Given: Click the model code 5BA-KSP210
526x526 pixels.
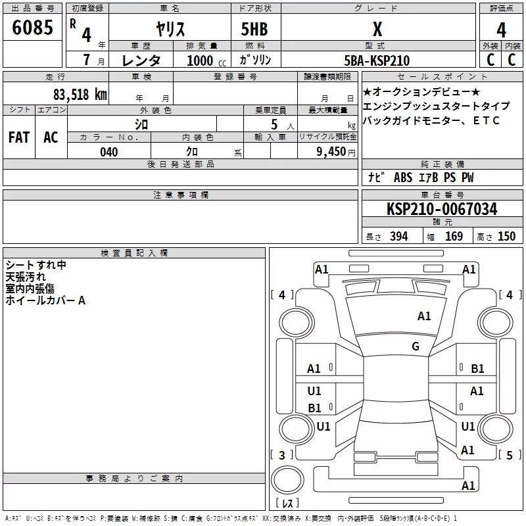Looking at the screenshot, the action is click(377, 60).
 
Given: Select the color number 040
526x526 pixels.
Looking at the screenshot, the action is click(108, 152).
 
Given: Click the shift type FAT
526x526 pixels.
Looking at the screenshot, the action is click(18, 137).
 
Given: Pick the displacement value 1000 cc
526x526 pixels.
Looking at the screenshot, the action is click(201, 60).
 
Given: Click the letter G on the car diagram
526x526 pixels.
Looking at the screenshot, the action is click(416, 347).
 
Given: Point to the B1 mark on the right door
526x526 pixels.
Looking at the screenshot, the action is click(477, 369).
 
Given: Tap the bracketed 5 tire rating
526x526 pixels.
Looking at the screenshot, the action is click(510, 455).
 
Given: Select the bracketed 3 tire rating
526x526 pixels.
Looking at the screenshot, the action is click(282, 455).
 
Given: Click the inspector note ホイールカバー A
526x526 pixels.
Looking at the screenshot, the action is click(45, 300).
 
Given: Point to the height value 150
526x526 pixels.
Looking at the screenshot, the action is click(506, 237).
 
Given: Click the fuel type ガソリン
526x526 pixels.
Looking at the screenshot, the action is click(255, 60).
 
